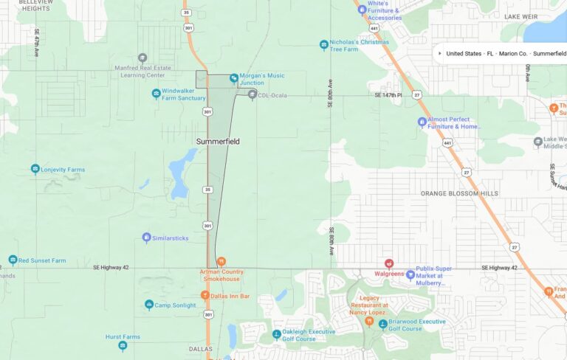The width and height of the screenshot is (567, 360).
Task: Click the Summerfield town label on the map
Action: click(x=218, y=141)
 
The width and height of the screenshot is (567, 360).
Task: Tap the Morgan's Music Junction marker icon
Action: click(x=234, y=77)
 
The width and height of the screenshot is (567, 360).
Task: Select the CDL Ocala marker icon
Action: click(x=252, y=95)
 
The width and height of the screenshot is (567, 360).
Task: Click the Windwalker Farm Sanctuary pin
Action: click(x=156, y=94)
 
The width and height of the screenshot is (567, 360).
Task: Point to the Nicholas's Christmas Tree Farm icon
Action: click(x=323, y=46)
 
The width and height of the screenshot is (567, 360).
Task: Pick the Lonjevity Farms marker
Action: click(x=35, y=170)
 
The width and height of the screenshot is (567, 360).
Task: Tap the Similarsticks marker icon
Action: click(x=146, y=238)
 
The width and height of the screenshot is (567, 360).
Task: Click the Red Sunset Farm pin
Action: click(x=13, y=260)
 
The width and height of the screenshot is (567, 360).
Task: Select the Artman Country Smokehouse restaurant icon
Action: click(x=221, y=261)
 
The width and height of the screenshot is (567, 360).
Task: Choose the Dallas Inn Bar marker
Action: click(x=205, y=296)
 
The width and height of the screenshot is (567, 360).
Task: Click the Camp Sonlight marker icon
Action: click(x=149, y=305)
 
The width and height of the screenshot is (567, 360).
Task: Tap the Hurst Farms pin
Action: click(x=123, y=345)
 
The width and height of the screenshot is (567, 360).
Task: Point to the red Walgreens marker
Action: click(x=389, y=263)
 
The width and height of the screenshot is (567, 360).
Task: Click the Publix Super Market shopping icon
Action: click(x=410, y=275)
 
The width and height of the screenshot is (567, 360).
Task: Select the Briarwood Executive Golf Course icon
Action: click(x=382, y=324)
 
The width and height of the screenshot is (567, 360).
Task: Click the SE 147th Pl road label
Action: click(x=388, y=95)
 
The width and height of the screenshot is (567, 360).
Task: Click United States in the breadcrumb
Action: click(x=464, y=54)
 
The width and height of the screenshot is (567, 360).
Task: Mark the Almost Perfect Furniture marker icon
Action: click(x=422, y=122)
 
